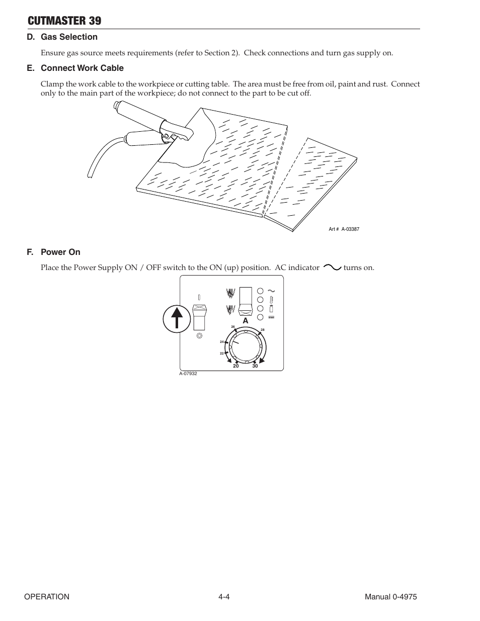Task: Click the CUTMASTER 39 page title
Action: point(64,21)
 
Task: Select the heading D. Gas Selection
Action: point(62,37)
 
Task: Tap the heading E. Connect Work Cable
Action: point(75,68)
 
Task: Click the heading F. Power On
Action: point(54,252)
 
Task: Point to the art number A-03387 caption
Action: point(344,229)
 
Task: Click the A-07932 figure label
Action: point(188,374)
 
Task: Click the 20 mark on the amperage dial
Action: point(235,366)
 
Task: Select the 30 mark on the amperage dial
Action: point(255,366)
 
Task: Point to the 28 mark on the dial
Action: point(263,330)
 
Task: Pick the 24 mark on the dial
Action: point(221,342)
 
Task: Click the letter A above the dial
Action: point(246,321)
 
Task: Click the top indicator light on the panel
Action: point(260,291)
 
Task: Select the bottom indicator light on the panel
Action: point(260,317)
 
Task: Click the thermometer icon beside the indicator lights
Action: point(271,300)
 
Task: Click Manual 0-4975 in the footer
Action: point(391,597)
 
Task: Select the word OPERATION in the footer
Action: point(47,597)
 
